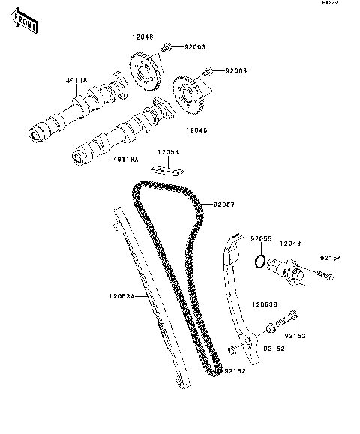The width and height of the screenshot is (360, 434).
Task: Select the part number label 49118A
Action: (125, 160)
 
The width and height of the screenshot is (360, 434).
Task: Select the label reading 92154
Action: (330, 258)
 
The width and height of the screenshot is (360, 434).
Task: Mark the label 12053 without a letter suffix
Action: (168, 152)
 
